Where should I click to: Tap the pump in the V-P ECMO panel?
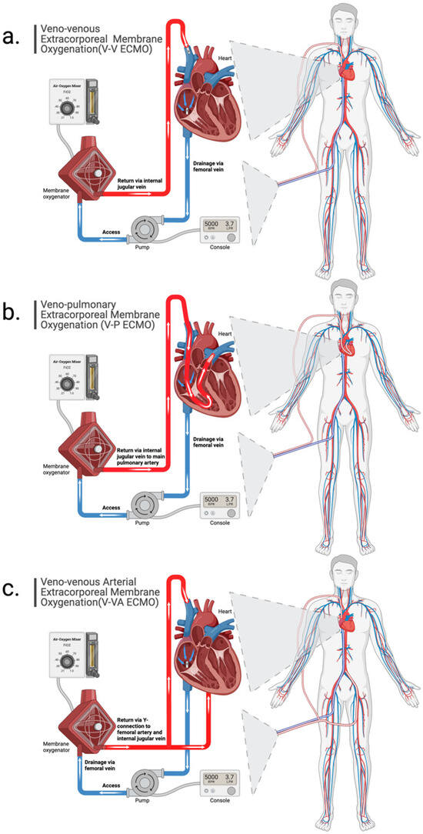point(145,506)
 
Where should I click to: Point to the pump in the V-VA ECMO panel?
point(145,784)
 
